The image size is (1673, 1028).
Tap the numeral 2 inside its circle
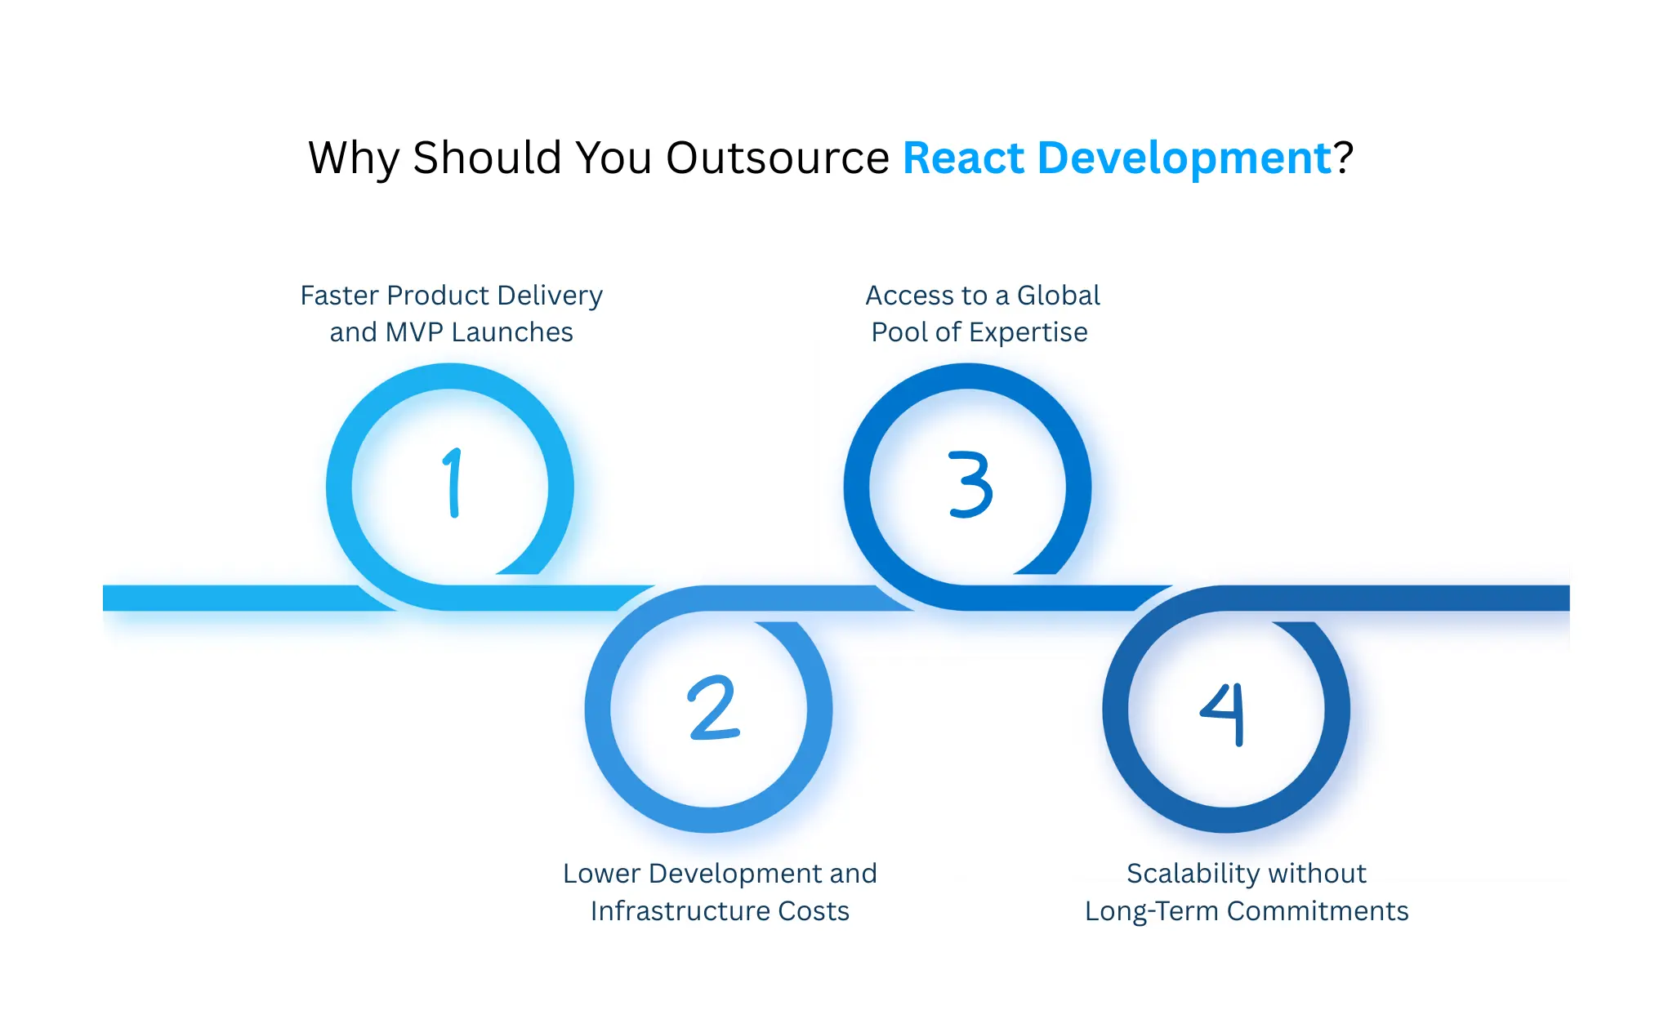pos(713,708)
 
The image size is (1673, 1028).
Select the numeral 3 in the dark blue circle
pos(970,484)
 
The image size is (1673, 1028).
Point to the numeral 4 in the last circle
pos(1225,713)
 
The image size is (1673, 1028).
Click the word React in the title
pos(963,158)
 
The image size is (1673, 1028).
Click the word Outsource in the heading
pos(777,158)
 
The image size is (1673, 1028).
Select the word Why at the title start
pos(354,158)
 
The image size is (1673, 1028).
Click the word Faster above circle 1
pos(339,296)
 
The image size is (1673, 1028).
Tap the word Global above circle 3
pos(1058,296)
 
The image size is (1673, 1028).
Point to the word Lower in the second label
pos(601,874)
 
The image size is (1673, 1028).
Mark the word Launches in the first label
pos(512,332)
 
